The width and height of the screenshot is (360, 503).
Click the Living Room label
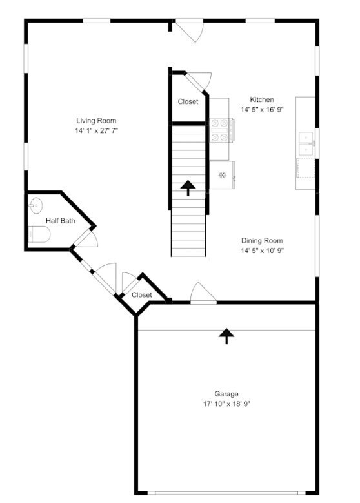96,121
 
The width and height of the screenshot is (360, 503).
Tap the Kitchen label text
262,99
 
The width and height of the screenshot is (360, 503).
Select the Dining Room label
262,240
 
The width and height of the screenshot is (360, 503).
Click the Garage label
226,394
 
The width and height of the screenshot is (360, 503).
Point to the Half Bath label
60,220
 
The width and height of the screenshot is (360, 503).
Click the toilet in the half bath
39,234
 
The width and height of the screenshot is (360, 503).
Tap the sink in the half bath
35,205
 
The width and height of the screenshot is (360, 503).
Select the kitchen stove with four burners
221,130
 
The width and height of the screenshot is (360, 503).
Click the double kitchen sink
306,143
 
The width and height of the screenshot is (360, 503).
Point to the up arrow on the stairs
188,188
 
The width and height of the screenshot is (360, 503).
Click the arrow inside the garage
226,336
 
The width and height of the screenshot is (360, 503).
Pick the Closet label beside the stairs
188,101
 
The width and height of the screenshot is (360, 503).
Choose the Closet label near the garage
142,294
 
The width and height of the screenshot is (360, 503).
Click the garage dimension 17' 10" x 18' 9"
226,404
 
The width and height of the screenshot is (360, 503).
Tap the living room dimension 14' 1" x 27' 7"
97,130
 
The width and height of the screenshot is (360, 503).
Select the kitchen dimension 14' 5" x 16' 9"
262,110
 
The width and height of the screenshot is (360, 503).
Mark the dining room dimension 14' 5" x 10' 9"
262,251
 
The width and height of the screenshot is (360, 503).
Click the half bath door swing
87,239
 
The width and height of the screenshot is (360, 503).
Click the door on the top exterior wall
190,30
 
